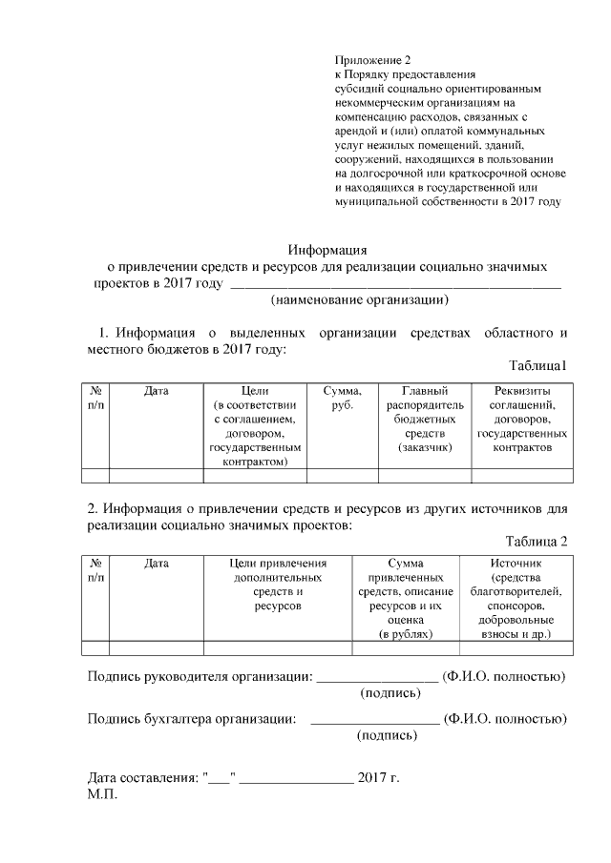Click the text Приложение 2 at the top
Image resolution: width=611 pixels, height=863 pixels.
pyautogui.click(x=372, y=60)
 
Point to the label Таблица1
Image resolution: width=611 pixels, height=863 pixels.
pyautogui.click(x=538, y=366)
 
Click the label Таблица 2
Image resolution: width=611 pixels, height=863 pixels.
pyautogui.click(x=537, y=541)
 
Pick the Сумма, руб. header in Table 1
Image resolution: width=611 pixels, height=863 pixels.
pyautogui.click(x=342, y=398)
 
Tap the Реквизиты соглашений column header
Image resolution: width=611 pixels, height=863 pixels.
pyautogui.click(x=522, y=419)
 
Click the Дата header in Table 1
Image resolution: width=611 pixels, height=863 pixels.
pyautogui.click(x=157, y=391)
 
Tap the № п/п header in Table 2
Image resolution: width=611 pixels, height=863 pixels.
pyautogui.click(x=96, y=570)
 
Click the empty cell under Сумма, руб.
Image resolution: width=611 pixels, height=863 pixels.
pyautogui.click(x=342, y=477)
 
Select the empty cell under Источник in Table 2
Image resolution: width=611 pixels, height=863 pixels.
pyautogui.click(x=516, y=648)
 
